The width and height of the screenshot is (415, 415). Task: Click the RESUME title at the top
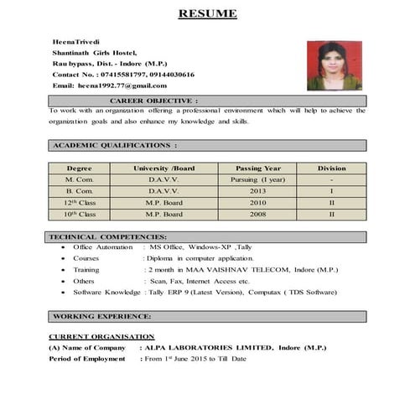pyautogui.click(x=207, y=13)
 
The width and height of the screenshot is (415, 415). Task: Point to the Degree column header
pyautogui.click(x=80, y=169)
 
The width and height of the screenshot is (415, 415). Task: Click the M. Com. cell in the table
pyautogui.click(x=80, y=180)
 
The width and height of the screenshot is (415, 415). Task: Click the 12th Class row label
pyautogui.click(x=80, y=203)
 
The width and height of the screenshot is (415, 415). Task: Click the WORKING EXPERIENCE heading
pyautogui.click(x=102, y=316)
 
